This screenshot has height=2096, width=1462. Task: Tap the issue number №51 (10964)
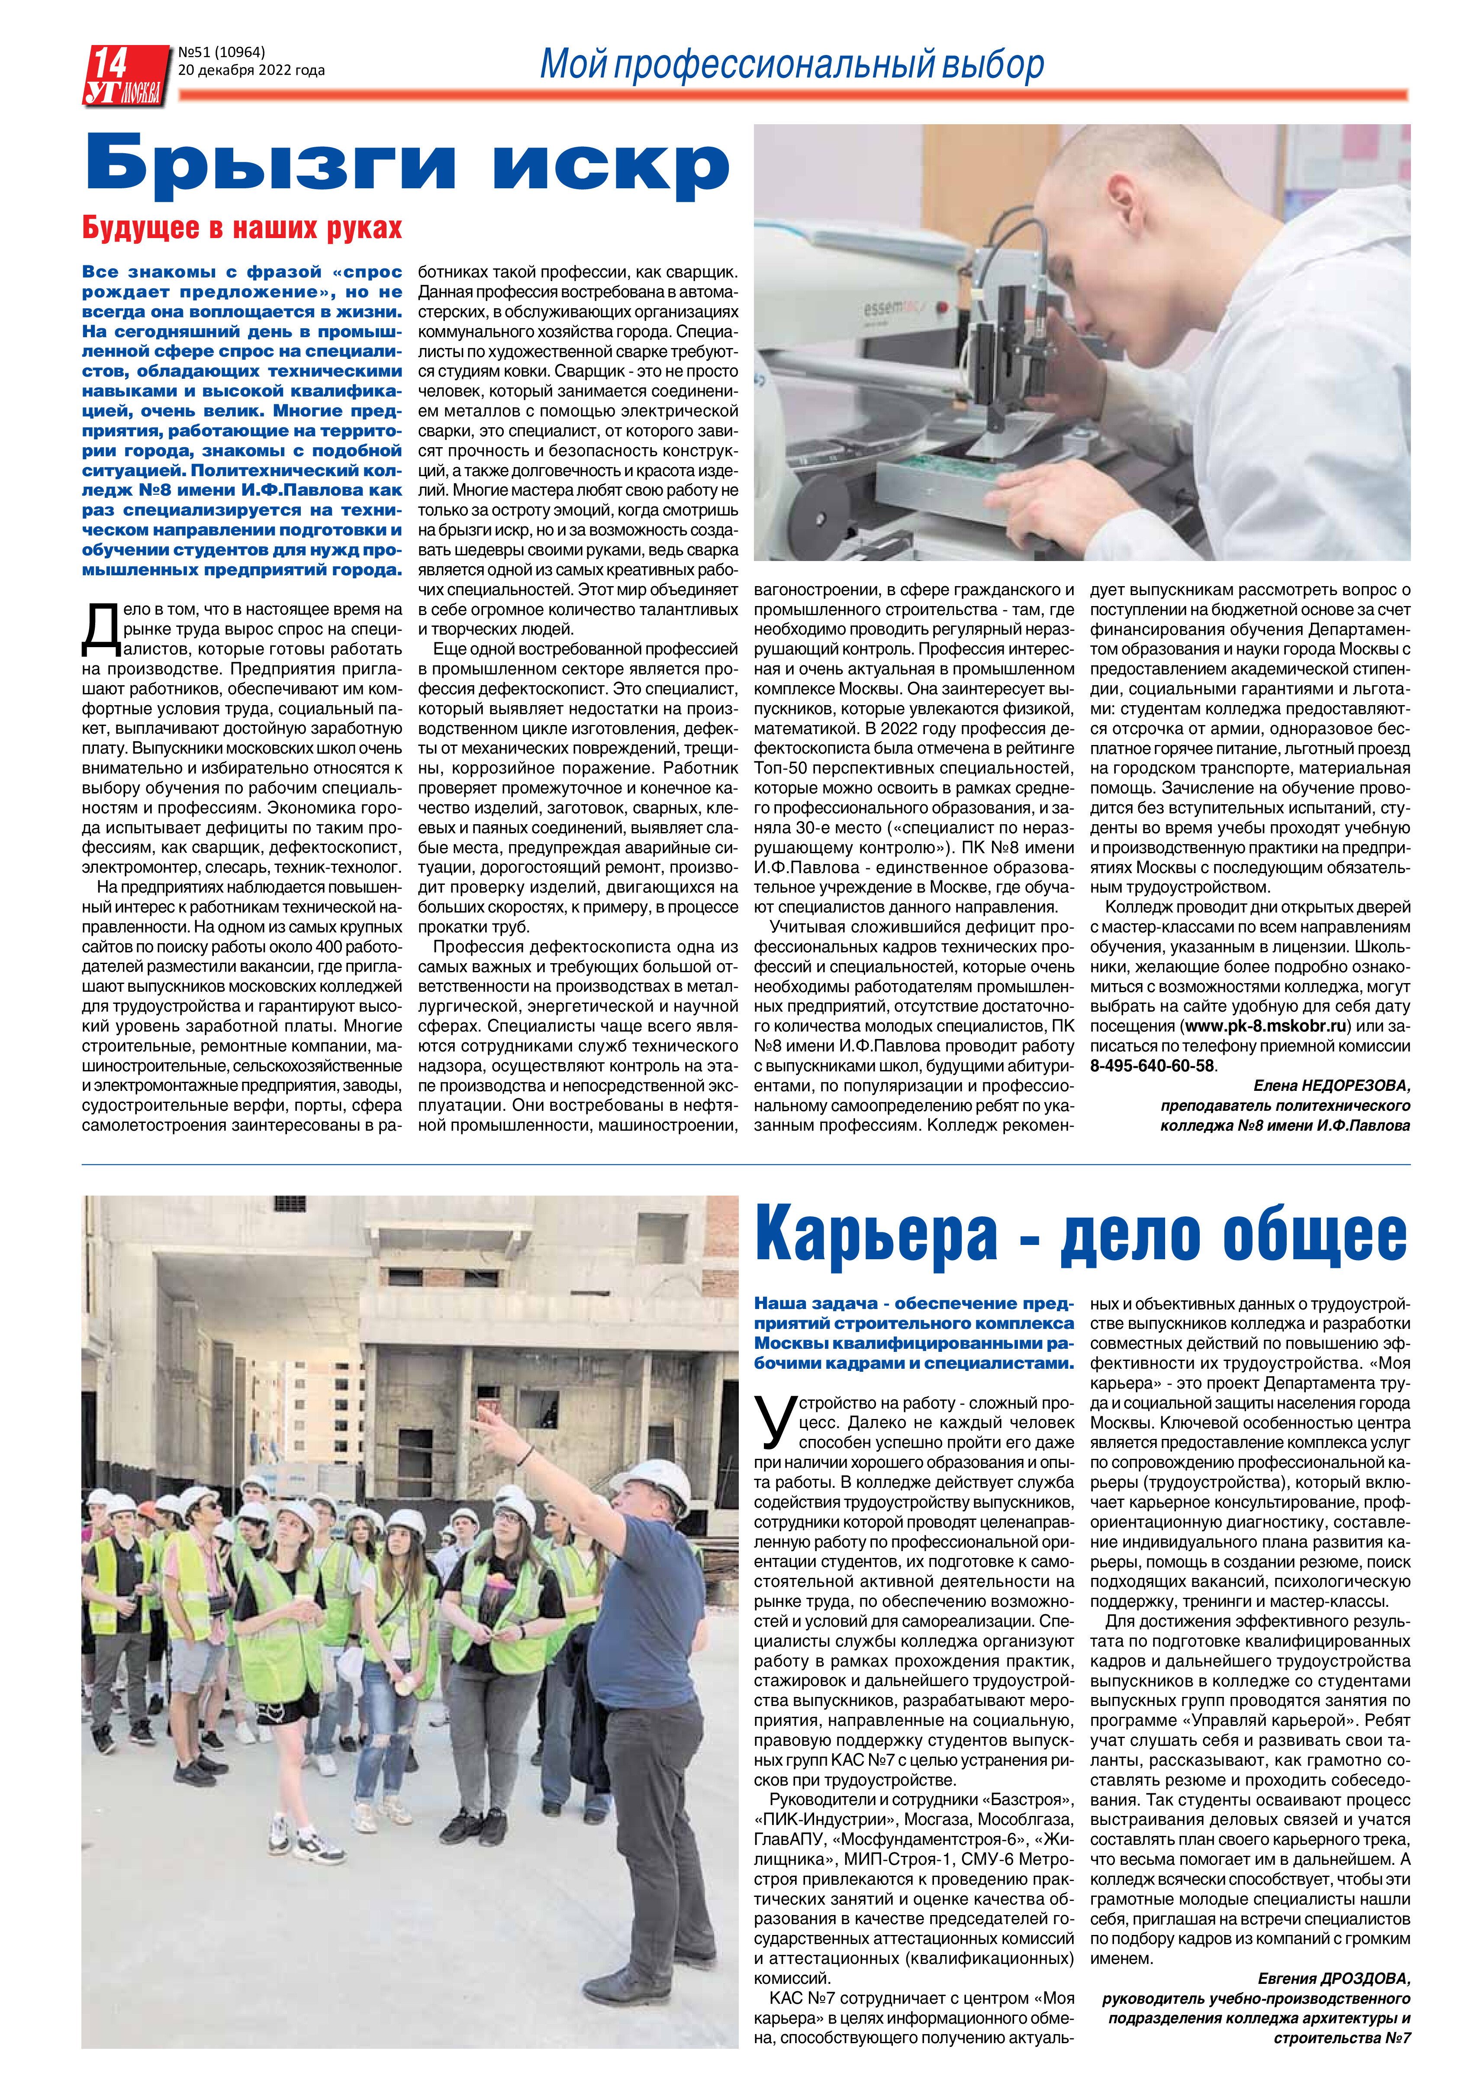click(222, 52)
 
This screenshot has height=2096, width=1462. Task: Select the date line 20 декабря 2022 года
click(251, 70)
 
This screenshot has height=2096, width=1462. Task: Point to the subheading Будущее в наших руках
click(242, 228)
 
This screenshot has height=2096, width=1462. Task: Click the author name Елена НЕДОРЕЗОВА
click(1330, 1085)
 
